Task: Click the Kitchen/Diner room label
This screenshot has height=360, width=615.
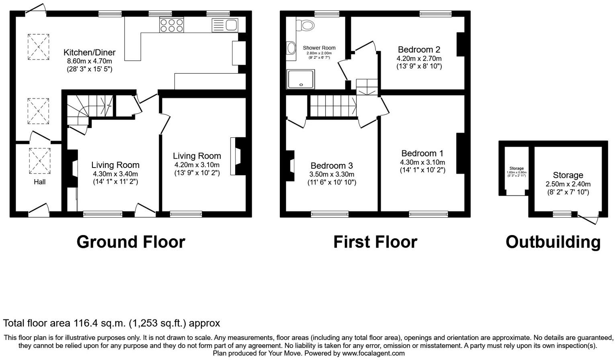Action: click(89, 52)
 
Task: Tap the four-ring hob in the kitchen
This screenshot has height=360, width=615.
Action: click(172, 25)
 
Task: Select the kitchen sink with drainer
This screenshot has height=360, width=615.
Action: click(225, 25)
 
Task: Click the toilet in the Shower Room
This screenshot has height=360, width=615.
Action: click(306, 25)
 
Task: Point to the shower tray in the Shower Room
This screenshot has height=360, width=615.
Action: click(300, 79)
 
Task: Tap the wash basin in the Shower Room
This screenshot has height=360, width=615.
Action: click(291, 48)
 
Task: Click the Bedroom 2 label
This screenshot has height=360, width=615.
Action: click(419, 50)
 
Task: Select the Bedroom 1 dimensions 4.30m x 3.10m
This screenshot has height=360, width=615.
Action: click(422, 162)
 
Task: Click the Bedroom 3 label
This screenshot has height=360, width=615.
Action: click(332, 166)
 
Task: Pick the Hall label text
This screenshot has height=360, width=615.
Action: click(39, 182)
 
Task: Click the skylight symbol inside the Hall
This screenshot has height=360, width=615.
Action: click(40, 161)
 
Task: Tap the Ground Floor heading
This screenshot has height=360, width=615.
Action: click(131, 242)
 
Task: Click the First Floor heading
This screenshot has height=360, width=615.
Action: click(375, 242)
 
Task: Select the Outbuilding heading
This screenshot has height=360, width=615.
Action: click(553, 242)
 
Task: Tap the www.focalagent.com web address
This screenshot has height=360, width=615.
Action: click(373, 354)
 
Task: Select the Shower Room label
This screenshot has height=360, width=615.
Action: click(319, 48)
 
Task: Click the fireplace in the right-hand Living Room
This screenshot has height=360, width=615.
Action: click(238, 156)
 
